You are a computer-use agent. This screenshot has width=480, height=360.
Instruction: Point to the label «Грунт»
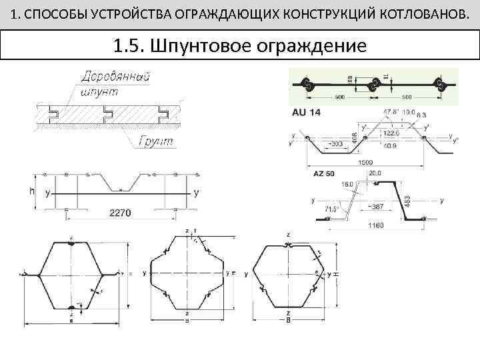156,141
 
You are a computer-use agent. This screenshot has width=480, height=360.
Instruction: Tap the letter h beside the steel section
31,191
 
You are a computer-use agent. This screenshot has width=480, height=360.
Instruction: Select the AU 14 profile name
306,113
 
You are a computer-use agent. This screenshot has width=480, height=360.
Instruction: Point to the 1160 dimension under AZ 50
375,225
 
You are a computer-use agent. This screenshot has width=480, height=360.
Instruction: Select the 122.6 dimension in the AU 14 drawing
393,133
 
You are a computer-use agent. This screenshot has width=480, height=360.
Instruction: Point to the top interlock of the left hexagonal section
71,243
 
